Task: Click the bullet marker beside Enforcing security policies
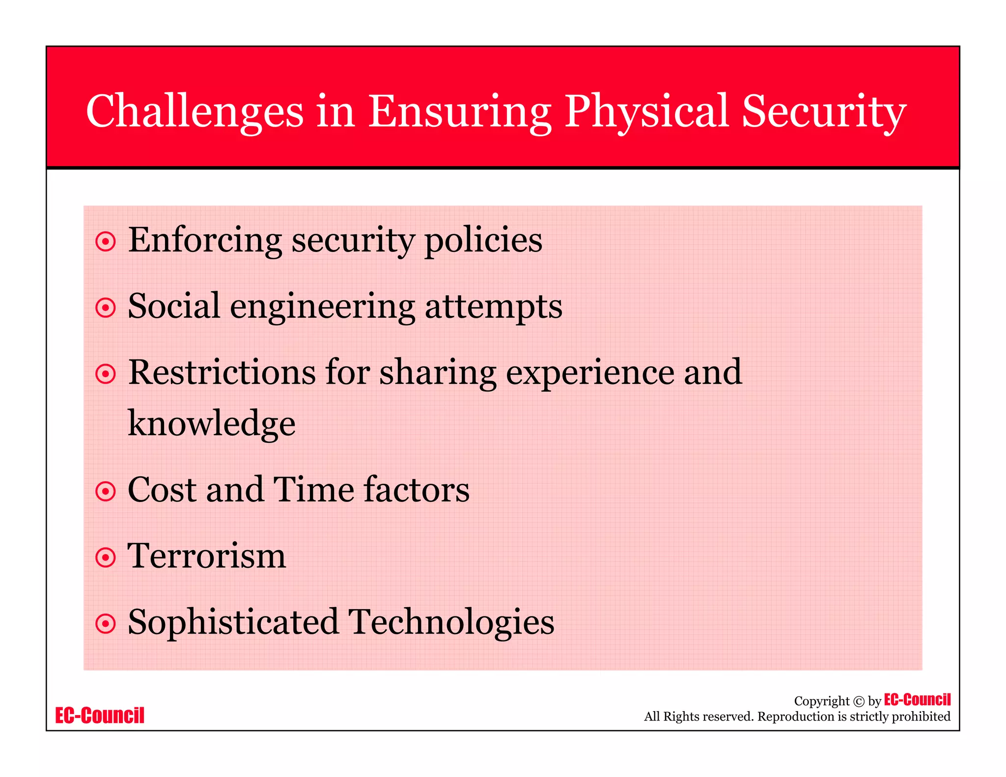pos(106,242)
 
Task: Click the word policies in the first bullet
pos(483,240)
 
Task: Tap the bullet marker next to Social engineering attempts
pos(106,308)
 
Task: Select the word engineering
pos(322,306)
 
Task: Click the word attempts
pos(493,306)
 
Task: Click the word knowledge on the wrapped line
pos(212,423)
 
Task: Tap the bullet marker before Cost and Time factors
pos(106,491)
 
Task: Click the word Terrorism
pos(207,556)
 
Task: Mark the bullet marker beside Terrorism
pos(106,557)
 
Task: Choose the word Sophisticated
pos(233,622)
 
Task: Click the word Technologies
pos(451,622)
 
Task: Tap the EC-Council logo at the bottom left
pos(100,716)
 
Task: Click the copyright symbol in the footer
pos(859,701)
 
